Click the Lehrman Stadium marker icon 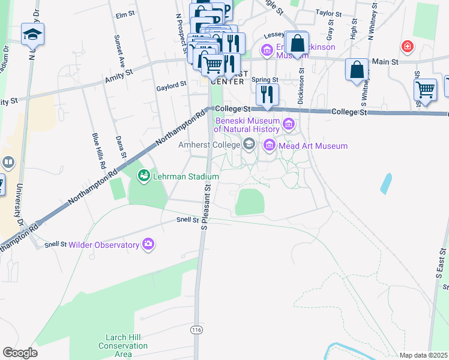click(143, 176)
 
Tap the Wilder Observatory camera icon click(148, 244)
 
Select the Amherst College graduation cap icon click(249, 145)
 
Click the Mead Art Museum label click(312, 146)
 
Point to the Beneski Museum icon click(289, 124)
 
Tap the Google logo click(20, 353)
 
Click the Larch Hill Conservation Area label click(123, 346)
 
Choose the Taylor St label click(328, 13)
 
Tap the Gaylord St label click(167, 86)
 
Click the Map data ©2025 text click(423, 355)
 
